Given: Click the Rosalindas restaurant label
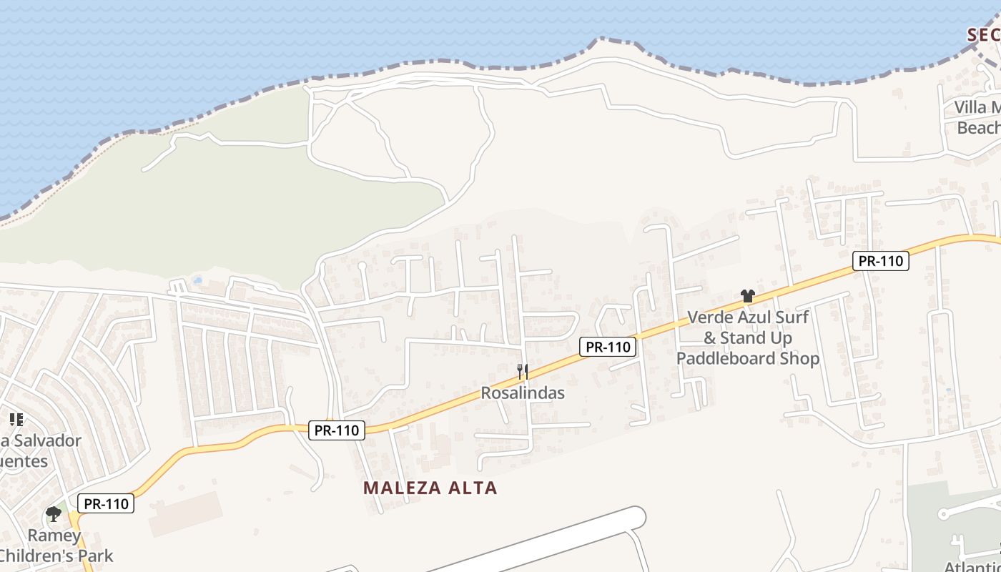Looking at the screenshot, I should pyautogui.click(x=523, y=393).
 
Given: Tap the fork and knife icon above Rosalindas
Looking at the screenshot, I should pyautogui.click(x=523, y=371).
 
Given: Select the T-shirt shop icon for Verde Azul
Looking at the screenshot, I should pyautogui.click(x=748, y=296).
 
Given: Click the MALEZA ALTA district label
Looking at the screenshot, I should pyautogui.click(x=430, y=488).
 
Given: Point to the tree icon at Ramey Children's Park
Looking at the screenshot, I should pyautogui.click(x=53, y=513).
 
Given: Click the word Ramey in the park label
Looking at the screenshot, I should pyautogui.click(x=54, y=536).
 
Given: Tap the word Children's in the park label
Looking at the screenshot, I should pyautogui.click(x=57, y=555).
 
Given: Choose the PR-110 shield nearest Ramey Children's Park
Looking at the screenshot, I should pyautogui.click(x=106, y=503).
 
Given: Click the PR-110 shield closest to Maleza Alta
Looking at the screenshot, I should pyautogui.click(x=337, y=430).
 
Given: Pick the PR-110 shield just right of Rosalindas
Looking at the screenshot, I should pyautogui.click(x=607, y=347).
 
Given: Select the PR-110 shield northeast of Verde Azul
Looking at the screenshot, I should pyautogui.click(x=881, y=261).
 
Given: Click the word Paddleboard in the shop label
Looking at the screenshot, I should pyautogui.click(x=748, y=357).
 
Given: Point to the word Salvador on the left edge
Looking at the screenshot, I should pyautogui.click(x=46, y=440).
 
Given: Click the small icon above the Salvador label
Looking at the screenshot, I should pyautogui.click(x=16, y=420).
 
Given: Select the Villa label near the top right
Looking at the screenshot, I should pyautogui.click(x=977, y=108).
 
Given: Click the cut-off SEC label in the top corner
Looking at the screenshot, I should pyautogui.click(x=984, y=34).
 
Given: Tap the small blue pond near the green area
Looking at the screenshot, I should pyautogui.click(x=197, y=280).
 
